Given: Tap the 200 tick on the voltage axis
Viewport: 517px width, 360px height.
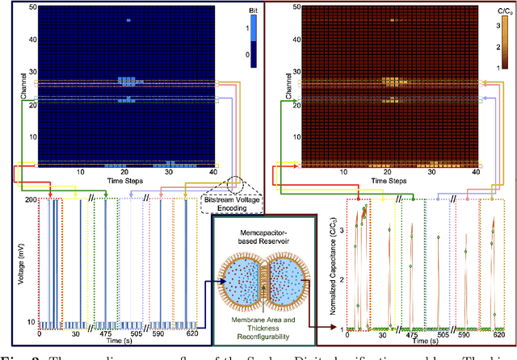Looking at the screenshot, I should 29,199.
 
